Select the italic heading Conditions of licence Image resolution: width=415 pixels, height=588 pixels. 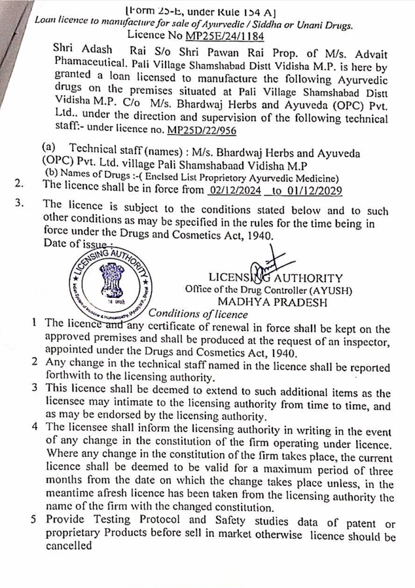click(198, 313)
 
